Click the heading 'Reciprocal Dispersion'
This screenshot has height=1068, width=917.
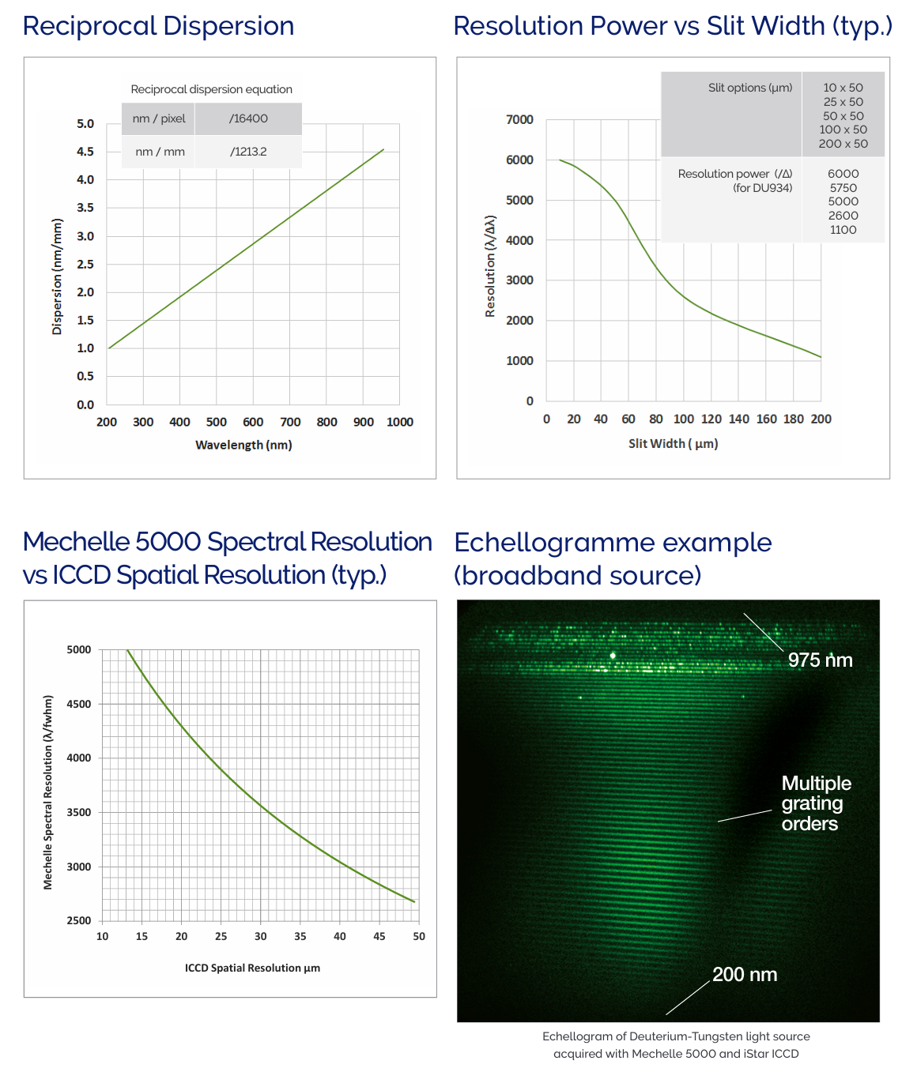[x=158, y=26]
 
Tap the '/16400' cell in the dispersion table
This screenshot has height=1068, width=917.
[x=248, y=118]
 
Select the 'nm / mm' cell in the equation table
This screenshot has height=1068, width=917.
[x=160, y=152]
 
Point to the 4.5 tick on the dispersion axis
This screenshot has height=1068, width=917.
[x=85, y=152]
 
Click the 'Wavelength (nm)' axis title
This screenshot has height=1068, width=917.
[x=243, y=445]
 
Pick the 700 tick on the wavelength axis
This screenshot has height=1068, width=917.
[x=290, y=422]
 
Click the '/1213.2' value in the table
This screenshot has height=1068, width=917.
[x=248, y=152]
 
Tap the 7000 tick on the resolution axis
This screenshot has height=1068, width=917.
[x=519, y=119]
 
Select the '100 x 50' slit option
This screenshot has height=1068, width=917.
[x=843, y=130]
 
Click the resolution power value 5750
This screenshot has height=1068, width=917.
[x=843, y=188]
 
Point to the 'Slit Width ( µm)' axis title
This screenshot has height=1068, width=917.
[x=673, y=443]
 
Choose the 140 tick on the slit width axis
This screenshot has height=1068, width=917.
[x=738, y=419]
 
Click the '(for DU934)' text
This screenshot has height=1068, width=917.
[x=762, y=188]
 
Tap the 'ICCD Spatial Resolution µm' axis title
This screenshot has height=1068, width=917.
[x=252, y=968]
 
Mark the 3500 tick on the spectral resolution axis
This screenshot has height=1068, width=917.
[x=79, y=812]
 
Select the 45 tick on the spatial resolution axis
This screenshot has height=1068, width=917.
[x=379, y=936]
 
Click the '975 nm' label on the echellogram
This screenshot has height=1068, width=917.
[x=820, y=660]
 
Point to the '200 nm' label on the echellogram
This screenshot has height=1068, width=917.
[x=745, y=975]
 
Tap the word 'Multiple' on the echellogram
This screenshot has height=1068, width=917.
[x=816, y=784]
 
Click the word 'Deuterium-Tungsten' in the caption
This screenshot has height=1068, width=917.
[x=685, y=1036]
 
